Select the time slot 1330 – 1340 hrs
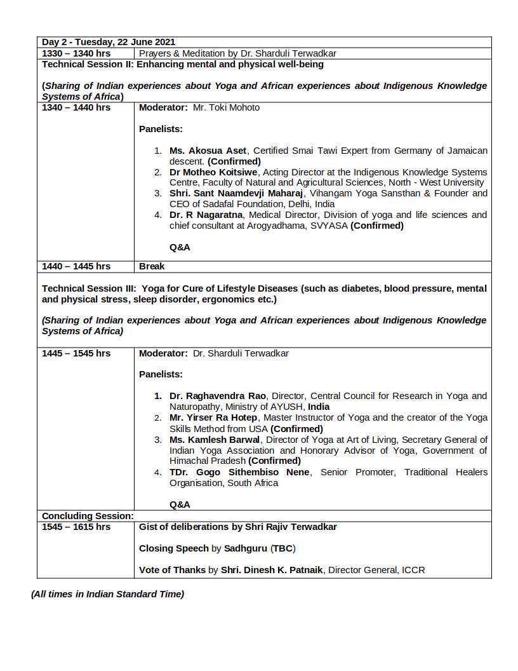76,53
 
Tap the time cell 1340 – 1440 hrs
76,107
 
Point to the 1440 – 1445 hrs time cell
76,266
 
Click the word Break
152,266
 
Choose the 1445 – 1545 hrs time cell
76,353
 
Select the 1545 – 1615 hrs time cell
76,527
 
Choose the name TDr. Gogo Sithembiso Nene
239,472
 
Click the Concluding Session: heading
88,516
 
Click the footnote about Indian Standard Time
107,594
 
